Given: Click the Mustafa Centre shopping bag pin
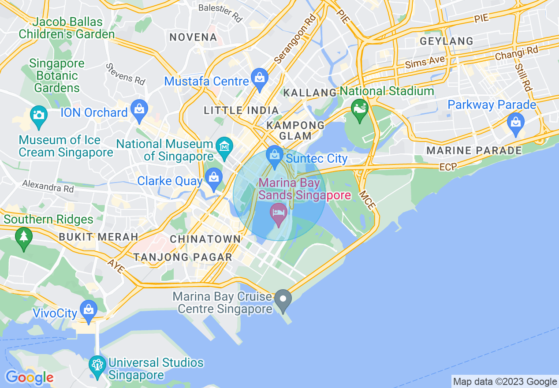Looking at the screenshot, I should tap(259, 78).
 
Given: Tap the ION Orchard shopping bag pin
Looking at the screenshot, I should tap(140, 110).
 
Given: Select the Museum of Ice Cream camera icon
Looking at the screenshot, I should tap(38, 116).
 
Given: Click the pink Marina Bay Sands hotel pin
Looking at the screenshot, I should tap(279, 213).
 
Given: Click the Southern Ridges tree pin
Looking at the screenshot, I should tap(23, 238).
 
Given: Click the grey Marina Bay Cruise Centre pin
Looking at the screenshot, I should tap(283, 299).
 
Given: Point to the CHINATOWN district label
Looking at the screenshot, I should tap(205, 239).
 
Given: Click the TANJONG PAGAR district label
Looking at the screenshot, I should tap(183, 257).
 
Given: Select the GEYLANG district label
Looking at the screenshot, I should tap(447, 41).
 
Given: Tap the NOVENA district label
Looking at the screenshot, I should tap(193, 37).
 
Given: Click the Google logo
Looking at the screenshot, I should tap(29, 377).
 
